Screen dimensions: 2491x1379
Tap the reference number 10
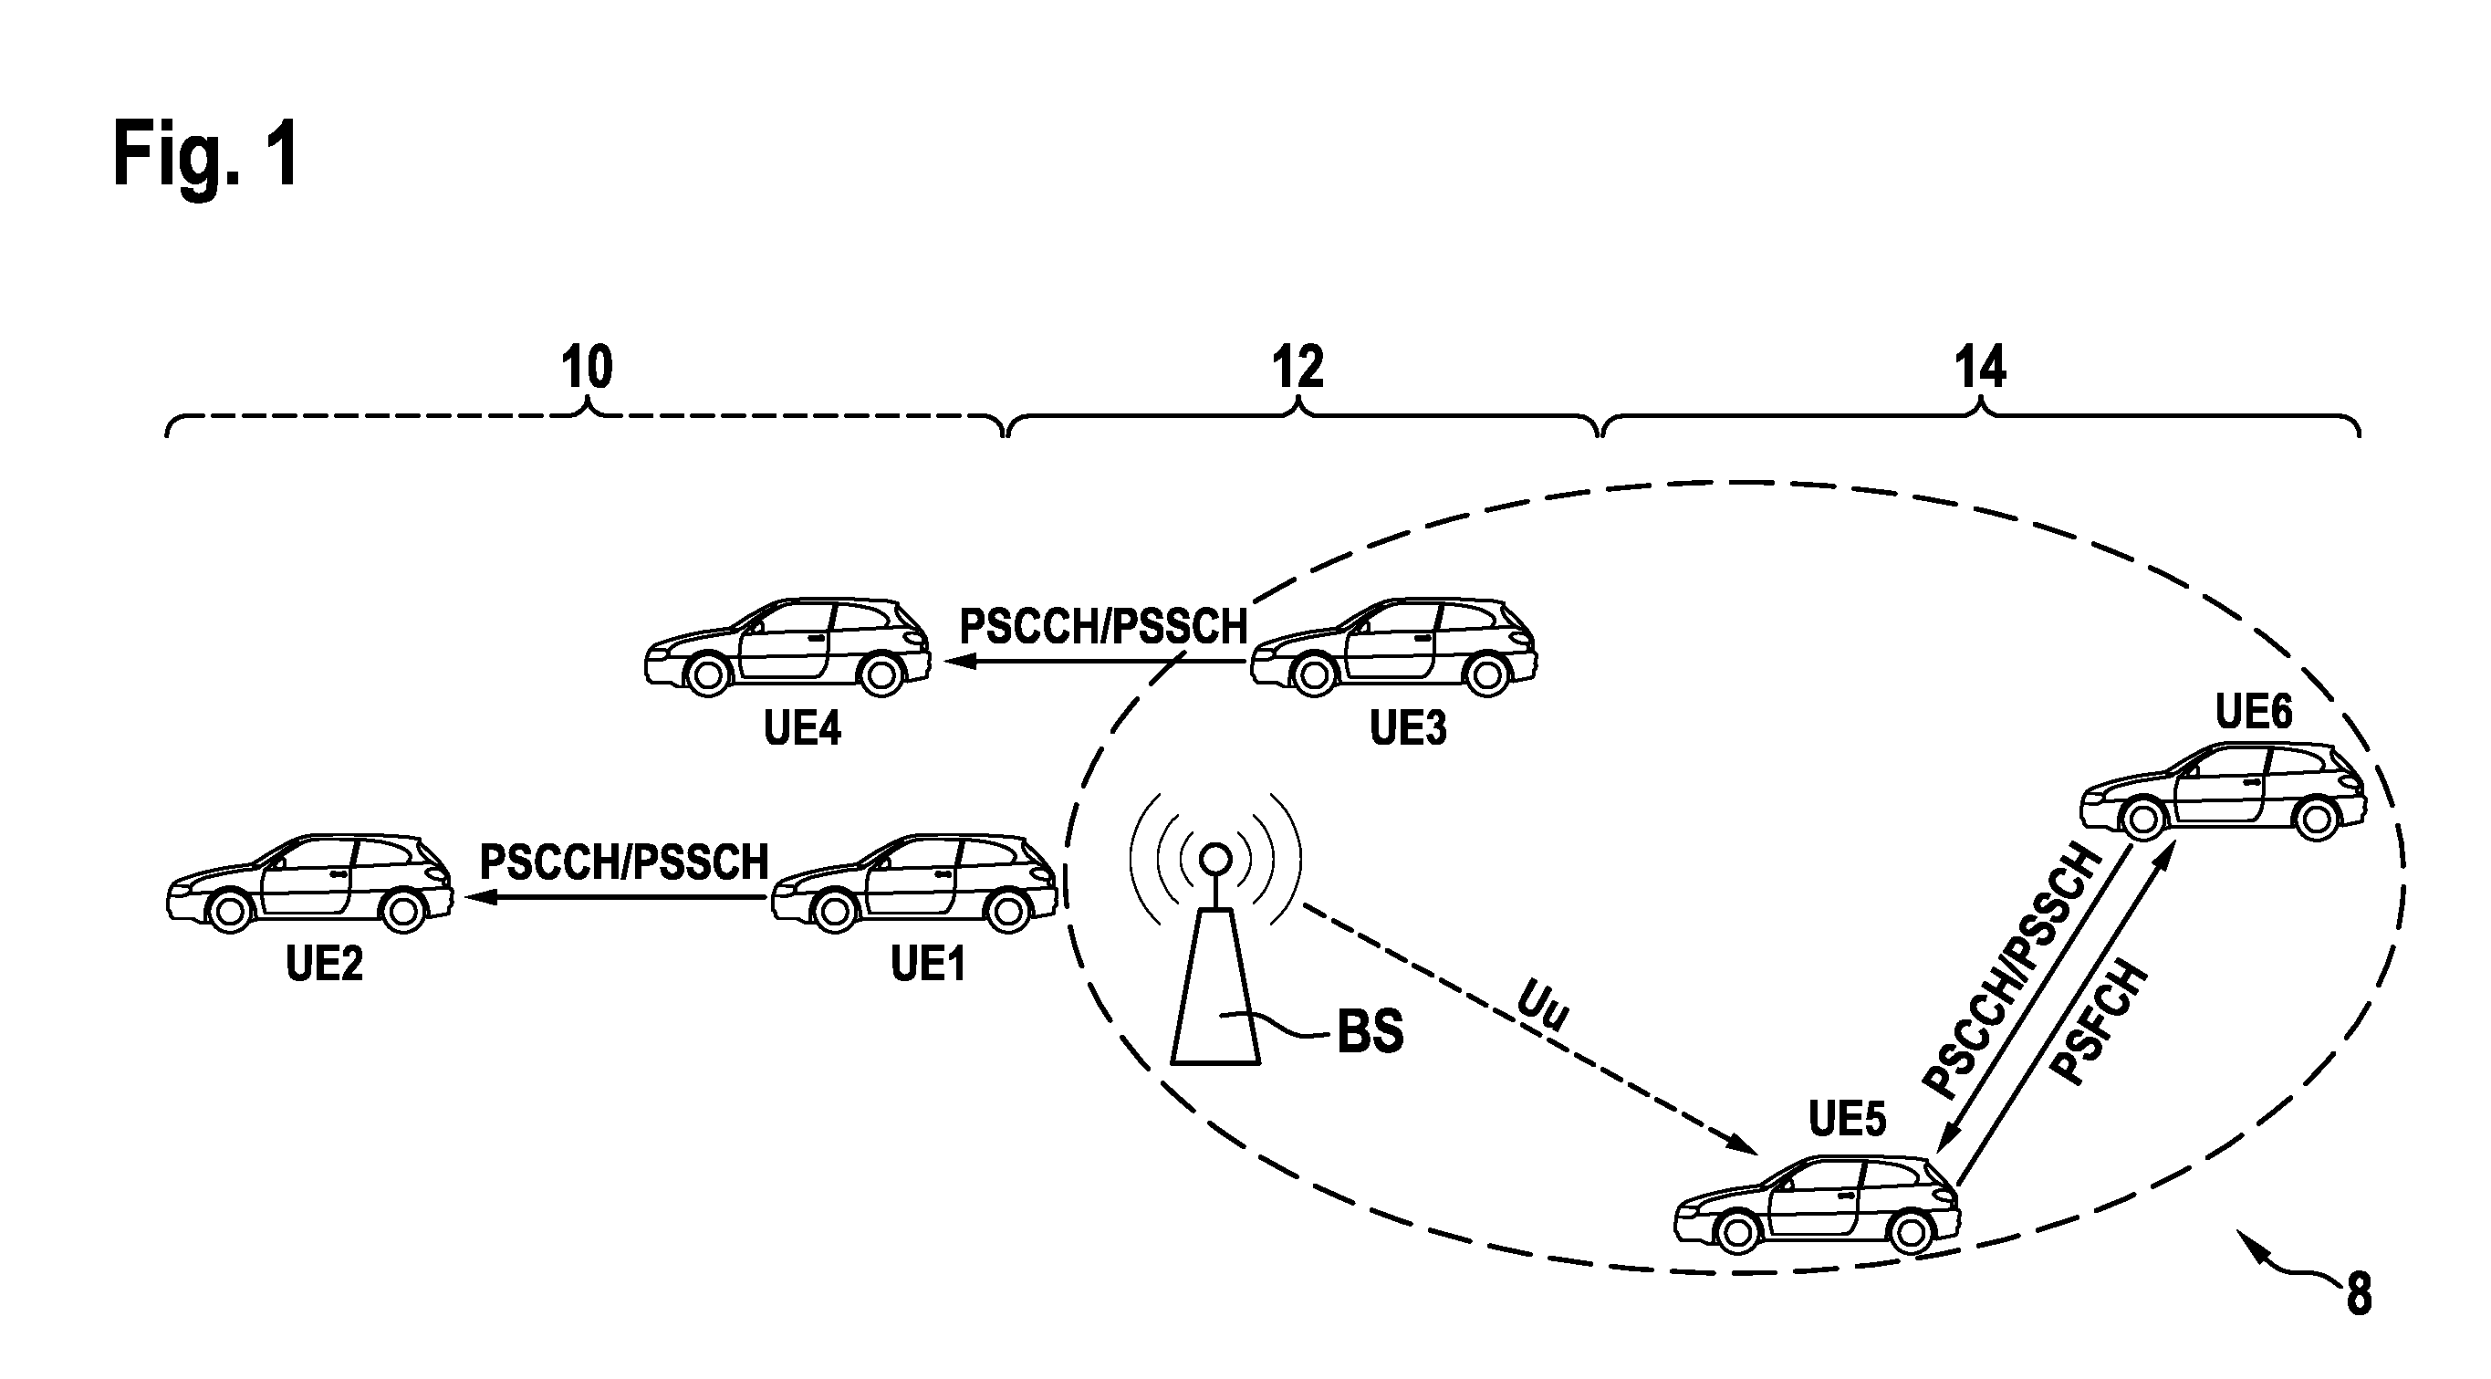coord(587,368)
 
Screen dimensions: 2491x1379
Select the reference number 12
coord(1297,368)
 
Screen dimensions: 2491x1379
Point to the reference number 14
coord(1979,368)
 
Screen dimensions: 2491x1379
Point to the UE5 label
coord(1847,1119)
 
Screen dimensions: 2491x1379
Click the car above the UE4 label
coord(787,647)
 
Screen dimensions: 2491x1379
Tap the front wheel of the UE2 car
coord(231,911)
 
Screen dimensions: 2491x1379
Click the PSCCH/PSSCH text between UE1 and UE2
coord(625,862)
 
